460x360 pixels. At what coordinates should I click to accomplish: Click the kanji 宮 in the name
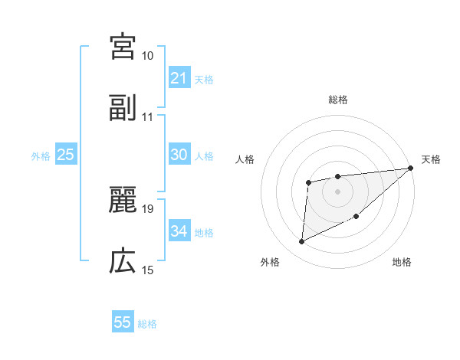(123, 47)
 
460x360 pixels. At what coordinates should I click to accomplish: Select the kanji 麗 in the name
(123, 200)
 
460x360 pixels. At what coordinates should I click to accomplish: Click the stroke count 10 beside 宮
(148, 56)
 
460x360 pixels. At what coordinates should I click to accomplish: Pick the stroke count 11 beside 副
(148, 117)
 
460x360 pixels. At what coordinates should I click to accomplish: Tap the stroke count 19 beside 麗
(148, 208)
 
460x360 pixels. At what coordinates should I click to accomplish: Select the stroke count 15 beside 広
(148, 270)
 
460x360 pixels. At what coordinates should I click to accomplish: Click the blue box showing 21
(179, 78)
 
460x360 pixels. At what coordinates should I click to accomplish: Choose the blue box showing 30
(179, 155)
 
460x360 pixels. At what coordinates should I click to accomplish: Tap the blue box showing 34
(179, 231)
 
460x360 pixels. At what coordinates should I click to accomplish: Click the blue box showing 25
(66, 155)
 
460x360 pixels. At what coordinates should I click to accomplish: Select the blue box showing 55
(123, 322)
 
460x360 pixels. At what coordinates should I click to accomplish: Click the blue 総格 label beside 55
(147, 324)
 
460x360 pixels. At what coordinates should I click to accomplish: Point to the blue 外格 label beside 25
(41, 156)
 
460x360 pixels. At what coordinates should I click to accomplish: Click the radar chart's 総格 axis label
(338, 100)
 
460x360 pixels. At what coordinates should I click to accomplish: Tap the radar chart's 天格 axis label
(431, 159)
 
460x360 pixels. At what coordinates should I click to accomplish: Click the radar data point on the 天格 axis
(411, 169)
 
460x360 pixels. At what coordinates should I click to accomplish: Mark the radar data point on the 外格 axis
(301, 242)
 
